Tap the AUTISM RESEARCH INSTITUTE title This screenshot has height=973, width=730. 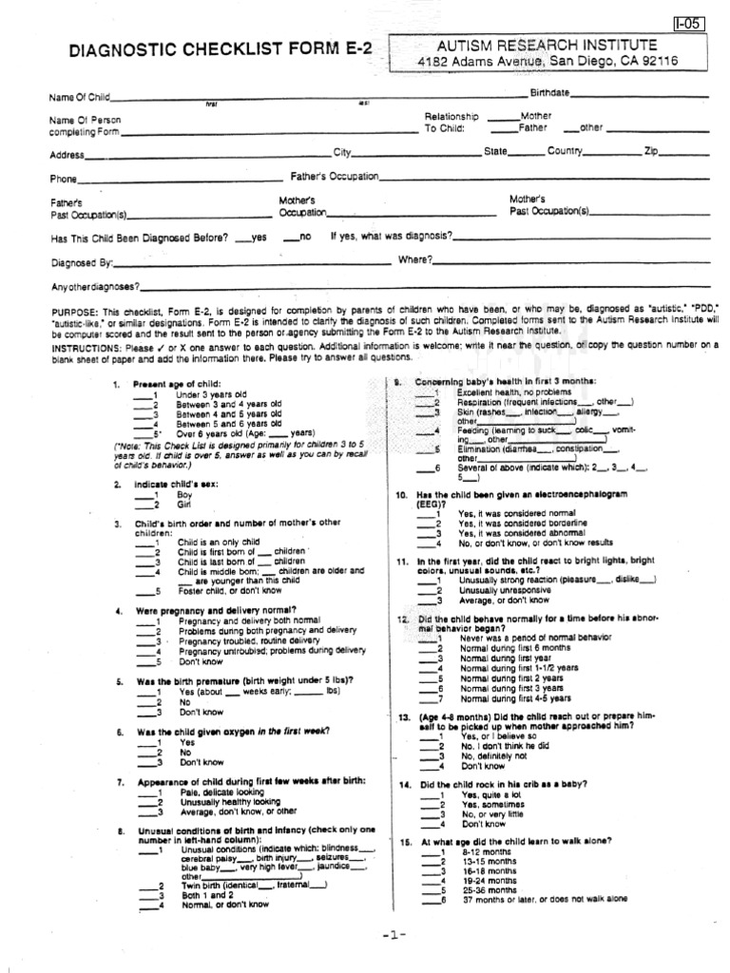click(x=547, y=45)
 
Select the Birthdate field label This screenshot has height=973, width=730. click(x=549, y=92)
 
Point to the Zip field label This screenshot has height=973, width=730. click(x=651, y=151)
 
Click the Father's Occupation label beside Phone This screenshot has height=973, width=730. click(x=335, y=176)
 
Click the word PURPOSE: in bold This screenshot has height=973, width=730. click(x=75, y=312)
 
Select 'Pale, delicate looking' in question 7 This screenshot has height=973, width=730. click(x=221, y=792)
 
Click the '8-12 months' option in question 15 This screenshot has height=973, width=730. click(x=485, y=852)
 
